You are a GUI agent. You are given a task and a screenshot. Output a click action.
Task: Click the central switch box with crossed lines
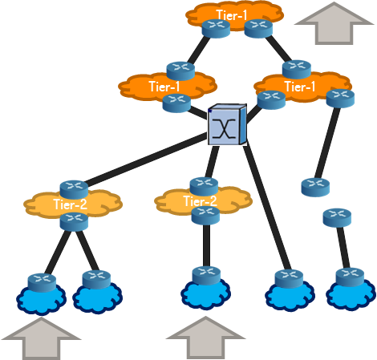coord(227,124)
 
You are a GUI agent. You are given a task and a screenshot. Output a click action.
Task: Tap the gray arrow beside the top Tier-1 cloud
coord(334,23)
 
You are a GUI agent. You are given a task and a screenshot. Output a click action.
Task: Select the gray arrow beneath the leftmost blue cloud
coord(41,338)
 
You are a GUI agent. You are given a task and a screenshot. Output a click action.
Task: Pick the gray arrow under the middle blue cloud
coord(205,338)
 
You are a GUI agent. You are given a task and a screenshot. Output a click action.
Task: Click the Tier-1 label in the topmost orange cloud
coord(232,15)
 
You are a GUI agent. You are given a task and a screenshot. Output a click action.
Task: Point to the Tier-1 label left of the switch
coord(164,87)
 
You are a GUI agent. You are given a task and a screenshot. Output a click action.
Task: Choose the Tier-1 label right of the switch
coord(300,87)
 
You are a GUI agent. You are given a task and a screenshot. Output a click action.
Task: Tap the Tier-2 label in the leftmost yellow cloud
coord(71,204)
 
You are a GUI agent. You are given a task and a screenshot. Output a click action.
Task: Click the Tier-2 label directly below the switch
coord(200,201)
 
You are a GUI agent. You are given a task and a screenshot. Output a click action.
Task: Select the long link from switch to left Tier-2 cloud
coord(146,160)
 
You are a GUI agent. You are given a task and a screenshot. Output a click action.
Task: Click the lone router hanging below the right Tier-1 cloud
coord(315,188)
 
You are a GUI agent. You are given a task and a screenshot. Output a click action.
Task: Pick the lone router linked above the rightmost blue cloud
coord(337,218)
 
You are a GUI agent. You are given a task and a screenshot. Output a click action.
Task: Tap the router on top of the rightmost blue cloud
coord(350,277)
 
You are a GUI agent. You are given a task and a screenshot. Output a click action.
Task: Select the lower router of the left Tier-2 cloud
coord(74,221)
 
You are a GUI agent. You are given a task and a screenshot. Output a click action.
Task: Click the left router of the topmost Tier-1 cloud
coord(216,29)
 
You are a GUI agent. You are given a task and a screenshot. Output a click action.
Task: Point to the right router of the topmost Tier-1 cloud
coord(258,29)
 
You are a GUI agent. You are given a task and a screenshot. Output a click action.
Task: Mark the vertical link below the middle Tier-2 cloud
coord(206,246)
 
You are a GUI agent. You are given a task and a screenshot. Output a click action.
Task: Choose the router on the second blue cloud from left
coord(96,280)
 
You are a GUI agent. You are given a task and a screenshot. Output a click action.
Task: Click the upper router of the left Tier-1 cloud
coord(180,71)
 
